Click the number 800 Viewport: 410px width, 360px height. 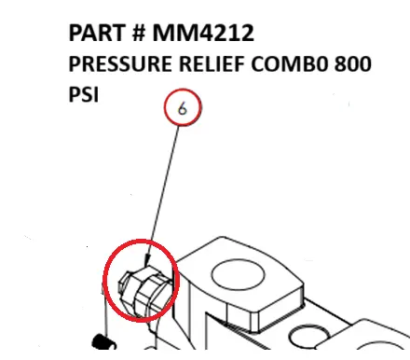tap(353, 66)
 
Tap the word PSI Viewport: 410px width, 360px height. tap(83, 96)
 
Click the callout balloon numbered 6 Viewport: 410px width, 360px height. tap(183, 110)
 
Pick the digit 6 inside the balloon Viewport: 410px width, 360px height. tap(183, 110)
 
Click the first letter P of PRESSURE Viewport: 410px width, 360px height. tap(75, 66)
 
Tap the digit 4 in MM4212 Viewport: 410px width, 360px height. tap(212, 35)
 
